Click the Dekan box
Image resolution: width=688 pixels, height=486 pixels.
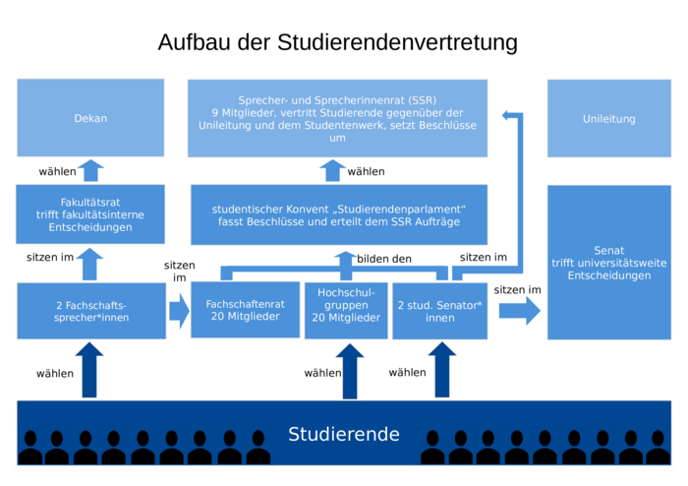click(90, 118)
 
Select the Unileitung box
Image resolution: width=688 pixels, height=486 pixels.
click(608, 118)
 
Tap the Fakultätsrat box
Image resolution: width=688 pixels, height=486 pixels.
click(90, 213)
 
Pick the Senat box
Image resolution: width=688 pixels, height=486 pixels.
click(608, 262)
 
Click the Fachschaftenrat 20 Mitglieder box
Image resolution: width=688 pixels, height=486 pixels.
click(245, 310)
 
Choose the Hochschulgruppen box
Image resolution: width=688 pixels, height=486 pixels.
click(346, 310)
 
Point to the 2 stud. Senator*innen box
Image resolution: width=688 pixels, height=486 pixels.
click(439, 310)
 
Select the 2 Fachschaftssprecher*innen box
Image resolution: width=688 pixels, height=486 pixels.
click(90, 311)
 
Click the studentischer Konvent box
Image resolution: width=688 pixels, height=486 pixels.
click(338, 214)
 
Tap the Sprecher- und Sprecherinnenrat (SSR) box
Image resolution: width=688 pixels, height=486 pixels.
click(337, 118)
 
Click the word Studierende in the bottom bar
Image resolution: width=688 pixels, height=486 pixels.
click(344, 434)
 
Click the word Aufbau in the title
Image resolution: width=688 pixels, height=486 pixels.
click(193, 43)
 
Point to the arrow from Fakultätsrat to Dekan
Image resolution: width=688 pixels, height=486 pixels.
click(90, 170)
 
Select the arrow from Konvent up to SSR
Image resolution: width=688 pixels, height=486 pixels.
click(331, 170)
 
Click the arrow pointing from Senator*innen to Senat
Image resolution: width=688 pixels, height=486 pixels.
click(519, 311)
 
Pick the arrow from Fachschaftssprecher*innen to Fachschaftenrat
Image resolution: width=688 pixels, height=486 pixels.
click(178, 311)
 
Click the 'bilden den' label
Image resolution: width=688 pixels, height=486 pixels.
click(384, 259)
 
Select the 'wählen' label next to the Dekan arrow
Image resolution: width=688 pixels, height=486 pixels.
click(57, 171)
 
